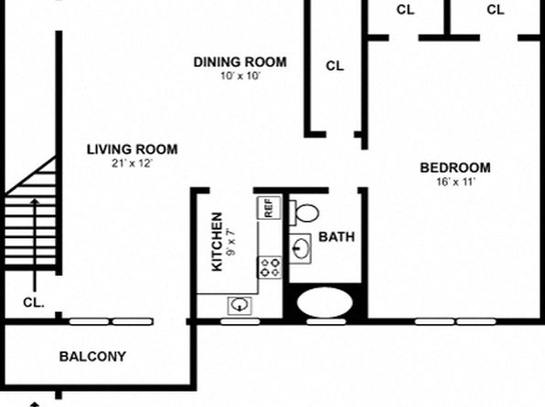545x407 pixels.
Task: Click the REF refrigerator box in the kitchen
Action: (x=269, y=207)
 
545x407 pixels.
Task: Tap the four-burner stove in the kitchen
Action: (x=270, y=267)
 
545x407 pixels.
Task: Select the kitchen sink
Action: (x=240, y=306)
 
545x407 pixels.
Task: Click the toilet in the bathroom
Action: (x=305, y=213)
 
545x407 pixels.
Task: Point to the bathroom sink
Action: (x=300, y=248)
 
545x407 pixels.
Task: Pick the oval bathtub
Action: (x=325, y=302)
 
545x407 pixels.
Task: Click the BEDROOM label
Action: (x=455, y=168)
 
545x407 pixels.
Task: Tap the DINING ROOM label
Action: (x=240, y=62)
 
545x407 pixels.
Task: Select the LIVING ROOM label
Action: (x=132, y=150)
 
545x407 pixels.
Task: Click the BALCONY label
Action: (x=92, y=357)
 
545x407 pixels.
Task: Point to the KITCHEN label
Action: (x=217, y=242)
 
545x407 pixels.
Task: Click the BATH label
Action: (x=337, y=237)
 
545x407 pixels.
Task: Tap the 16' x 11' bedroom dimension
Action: (x=455, y=182)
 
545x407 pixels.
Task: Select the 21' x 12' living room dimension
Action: (x=132, y=163)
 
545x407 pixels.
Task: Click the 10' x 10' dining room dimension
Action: (x=240, y=76)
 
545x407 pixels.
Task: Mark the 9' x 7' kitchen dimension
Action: (x=231, y=242)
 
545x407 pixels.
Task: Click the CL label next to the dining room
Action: (x=335, y=66)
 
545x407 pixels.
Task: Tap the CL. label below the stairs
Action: (x=34, y=303)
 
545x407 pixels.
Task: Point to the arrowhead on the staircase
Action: (x=35, y=202)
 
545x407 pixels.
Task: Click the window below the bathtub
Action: (x=326, y=321)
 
